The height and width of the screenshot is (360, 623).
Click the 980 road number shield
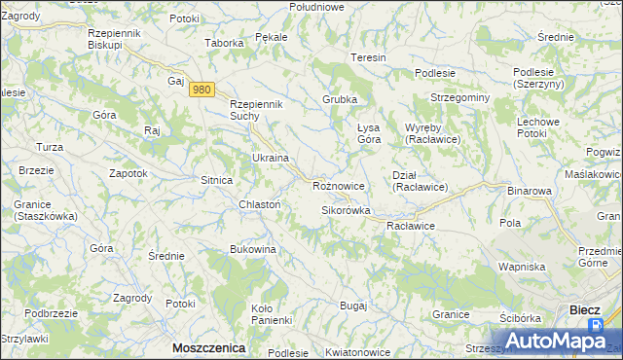tap(202, 90)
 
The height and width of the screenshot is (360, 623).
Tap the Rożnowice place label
tap(339, 185)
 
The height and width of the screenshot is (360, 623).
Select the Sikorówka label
tap(347, 210)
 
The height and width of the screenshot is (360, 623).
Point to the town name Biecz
tap(584, 310)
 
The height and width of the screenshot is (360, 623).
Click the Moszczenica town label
tap(207, 347)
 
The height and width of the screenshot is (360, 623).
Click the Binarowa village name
tap(530, 192)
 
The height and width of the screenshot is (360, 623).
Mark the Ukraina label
tap(271, 158)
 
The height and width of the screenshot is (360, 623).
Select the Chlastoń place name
tap(260, 204)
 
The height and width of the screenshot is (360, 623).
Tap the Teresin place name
tap(369, 57)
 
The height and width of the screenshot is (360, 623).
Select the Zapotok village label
tap(128, 172)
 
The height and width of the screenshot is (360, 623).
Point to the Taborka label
tap(223, 43)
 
